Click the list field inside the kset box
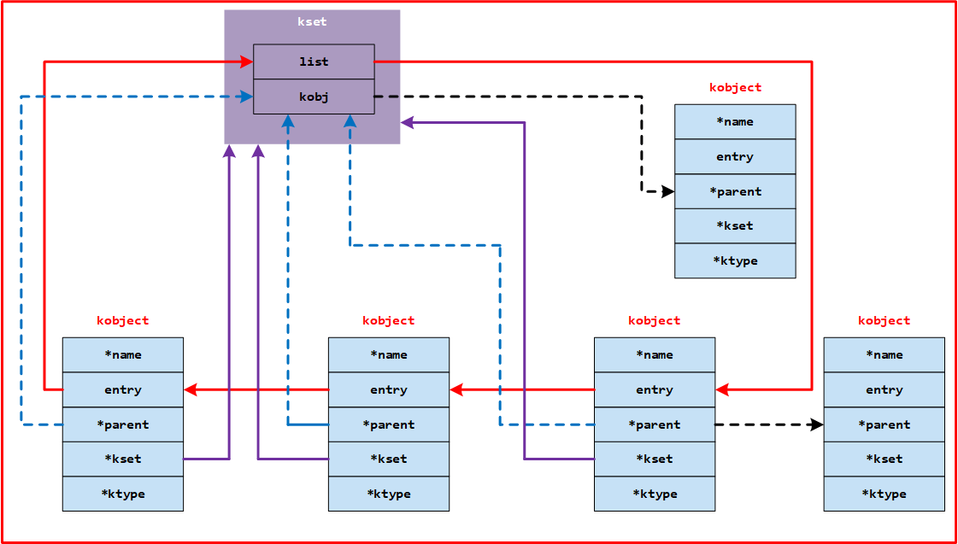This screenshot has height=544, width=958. coord(314,61)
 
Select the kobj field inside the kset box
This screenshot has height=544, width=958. coord(314,97)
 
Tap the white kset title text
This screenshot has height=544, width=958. coord(312,21)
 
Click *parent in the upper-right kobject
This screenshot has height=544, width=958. coord(735,191)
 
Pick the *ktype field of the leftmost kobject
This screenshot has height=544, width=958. coord(122,494)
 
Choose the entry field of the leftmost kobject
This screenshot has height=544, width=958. coord(122,389)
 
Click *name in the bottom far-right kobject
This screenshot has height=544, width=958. coord(884,354)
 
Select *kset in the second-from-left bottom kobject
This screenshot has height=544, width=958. coord(388,459)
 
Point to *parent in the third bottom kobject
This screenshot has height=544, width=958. coord(654,424)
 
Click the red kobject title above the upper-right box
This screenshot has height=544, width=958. coord(735,87)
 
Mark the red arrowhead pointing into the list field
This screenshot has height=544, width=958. coord(247,61)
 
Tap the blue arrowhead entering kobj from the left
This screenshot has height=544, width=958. coord(247,97)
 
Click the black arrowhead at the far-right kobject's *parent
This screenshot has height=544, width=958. coord(817,424)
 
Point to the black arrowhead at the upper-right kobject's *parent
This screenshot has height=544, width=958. coord(667,191)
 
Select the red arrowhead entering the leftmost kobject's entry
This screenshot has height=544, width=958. coord(191,389)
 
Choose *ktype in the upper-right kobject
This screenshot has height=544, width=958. coord(735,260)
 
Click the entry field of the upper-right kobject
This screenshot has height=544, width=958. coord(735,156)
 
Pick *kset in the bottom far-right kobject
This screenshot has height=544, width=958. coord(884,459)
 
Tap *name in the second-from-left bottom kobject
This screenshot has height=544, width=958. coord(388,354)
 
